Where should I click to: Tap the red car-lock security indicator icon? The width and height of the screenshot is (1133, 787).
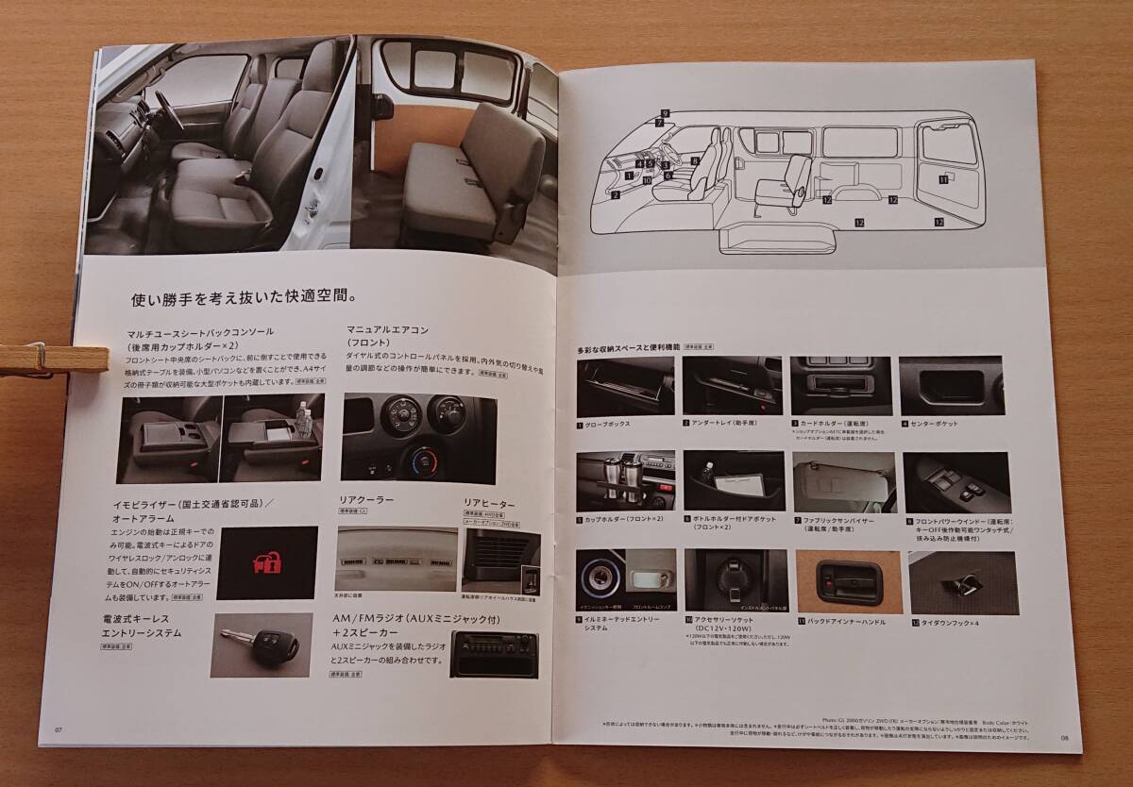tap(267, 563)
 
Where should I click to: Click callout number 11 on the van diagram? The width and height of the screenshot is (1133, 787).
tap(943, 178)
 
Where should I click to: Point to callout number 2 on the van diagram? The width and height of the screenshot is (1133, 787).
tap(616, 195)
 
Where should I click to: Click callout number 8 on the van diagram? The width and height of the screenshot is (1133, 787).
tap(694, 161)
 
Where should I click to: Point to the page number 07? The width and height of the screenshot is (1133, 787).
tap(59, 728)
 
